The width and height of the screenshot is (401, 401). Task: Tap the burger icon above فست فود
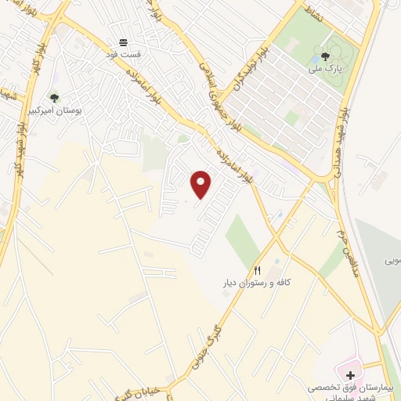tap(123, 42)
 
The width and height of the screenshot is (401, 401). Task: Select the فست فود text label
tap(124, 56)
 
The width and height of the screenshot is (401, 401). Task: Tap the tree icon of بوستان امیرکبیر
tap(54, 98)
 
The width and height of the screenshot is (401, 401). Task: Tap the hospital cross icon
tap(350, 375)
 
